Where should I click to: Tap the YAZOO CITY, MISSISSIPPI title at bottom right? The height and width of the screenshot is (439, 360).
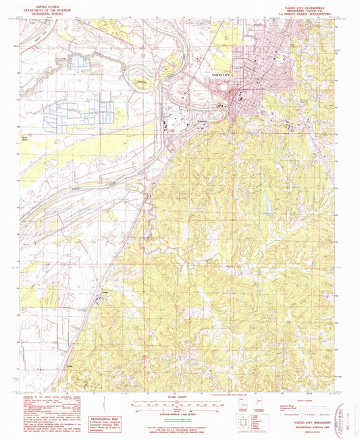309,419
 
